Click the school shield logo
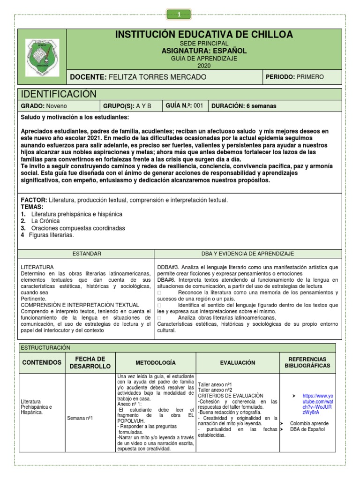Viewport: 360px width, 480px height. pyautogui.click(x=42, y=58)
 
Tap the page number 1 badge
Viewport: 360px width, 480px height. pyautogui.click(x=179, y=15)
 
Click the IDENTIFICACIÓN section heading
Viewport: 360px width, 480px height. pyautogui.click(x=59, y=94)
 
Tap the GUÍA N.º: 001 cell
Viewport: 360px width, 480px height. pyautogui.click(x=184, y=106)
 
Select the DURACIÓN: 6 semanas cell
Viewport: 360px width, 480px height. pyautogui.click(x=244, y=106)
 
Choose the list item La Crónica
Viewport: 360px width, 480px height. pyautogui.click(x=46, y=221)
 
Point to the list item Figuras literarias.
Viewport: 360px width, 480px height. pyautogui.click(x=52, y=235)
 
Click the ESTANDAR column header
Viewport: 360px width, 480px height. pyautogui.click(x=86, y=254)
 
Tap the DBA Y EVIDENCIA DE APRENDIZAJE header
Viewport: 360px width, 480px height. pyautogui.click(x=247, y=254)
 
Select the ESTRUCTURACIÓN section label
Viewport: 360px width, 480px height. pyautogui.click(x=45, y=347)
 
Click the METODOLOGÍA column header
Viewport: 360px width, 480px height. pyautogui.click(x=156, y=363)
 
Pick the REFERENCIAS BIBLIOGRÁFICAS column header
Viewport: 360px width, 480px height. pyautogui.click(x=307, y=362)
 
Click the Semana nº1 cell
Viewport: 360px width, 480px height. pyautogui.click(x=80, y=418)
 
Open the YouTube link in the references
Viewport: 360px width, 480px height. pyautogui.click(x=318, y=402)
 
